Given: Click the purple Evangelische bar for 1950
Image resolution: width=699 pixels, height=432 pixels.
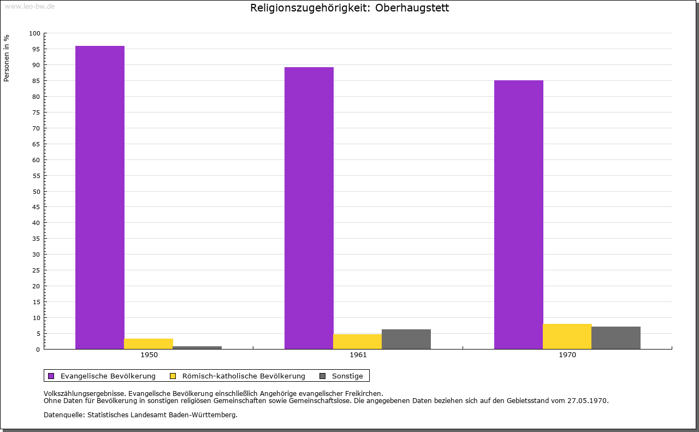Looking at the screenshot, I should click(x=100, y=197).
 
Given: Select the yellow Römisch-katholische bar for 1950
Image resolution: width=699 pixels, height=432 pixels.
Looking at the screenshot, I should click(x=149, y=344).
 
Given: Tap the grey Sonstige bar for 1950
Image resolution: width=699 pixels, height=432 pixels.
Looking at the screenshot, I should click(x=197, y=347).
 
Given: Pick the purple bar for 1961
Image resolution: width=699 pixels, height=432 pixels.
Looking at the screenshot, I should click(x=309, y=208).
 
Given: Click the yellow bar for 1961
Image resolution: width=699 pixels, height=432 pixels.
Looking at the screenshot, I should click(x=358, y=341).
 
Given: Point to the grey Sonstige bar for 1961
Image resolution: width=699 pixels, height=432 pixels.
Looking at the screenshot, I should click(x=406, y=339).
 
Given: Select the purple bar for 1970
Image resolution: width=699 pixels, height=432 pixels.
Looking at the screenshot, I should click(x=518, y=215).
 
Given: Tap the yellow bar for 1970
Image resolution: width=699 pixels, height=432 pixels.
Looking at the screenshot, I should click(x=567, y=336).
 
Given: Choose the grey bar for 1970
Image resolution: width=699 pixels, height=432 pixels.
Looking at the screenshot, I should click(x=615, y=338).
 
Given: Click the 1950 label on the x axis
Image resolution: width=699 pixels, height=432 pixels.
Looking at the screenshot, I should click(x=149, y=355).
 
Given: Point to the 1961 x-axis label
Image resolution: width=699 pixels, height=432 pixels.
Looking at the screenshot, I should click(x=358, y=355).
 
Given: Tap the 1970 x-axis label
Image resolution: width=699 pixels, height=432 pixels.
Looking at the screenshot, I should click(x=567, y=355).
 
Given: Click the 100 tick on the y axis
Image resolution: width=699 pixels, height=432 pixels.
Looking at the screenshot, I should click(x=35, y=33).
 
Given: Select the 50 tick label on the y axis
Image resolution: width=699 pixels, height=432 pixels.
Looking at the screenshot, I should click(x=37, y=191).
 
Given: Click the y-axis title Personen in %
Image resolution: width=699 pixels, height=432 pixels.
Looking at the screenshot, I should click(x=7, y=58).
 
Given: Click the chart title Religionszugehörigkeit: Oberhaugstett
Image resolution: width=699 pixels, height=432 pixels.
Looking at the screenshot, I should click(x=349, y=8).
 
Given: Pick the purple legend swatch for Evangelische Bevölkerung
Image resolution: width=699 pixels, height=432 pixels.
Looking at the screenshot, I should click(x=51, y=376).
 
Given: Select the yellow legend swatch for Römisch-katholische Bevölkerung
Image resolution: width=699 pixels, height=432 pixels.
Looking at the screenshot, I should click(x=173, y=376).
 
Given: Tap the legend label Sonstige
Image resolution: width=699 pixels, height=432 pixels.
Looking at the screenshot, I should click(x=347, y=376).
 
